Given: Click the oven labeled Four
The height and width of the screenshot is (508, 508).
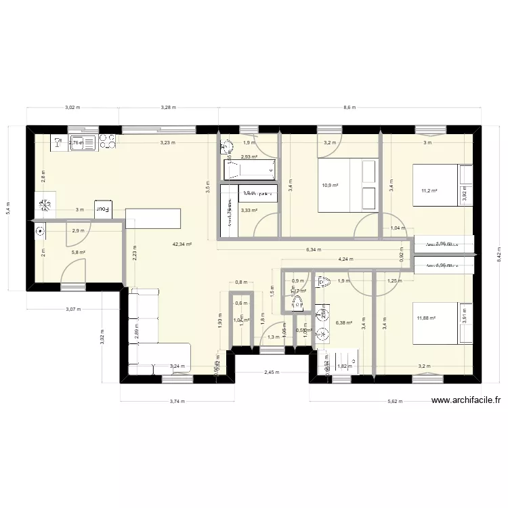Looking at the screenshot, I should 103,209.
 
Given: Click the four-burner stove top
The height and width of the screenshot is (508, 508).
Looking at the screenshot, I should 107,141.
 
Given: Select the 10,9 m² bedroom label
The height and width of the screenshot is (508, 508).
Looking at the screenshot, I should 330,185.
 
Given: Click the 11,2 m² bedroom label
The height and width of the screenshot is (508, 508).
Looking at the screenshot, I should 429,191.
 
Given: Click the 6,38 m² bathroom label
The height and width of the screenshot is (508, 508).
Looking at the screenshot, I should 344,323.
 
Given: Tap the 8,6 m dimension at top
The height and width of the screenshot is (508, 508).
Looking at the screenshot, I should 350,108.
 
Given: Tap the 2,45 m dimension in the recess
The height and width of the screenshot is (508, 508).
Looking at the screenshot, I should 272,372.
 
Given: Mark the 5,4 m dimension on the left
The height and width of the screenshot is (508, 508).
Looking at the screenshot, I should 8,205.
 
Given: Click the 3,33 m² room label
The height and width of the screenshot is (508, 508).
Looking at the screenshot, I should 249,211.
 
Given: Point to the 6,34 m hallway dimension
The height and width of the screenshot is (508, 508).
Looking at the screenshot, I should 313,250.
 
